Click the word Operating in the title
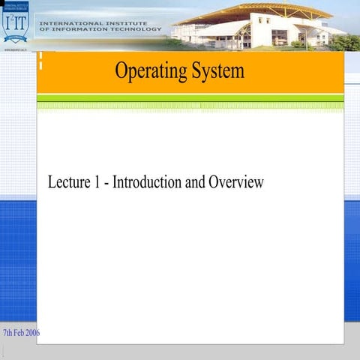pos(147,72)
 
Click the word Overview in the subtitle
pos(236,181)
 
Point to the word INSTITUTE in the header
pos(120,23)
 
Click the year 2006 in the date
pos(33,332)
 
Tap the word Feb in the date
pos(18,332)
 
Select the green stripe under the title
pos(190,98)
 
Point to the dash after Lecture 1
pos(107,182)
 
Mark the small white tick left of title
pos(42,63)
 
